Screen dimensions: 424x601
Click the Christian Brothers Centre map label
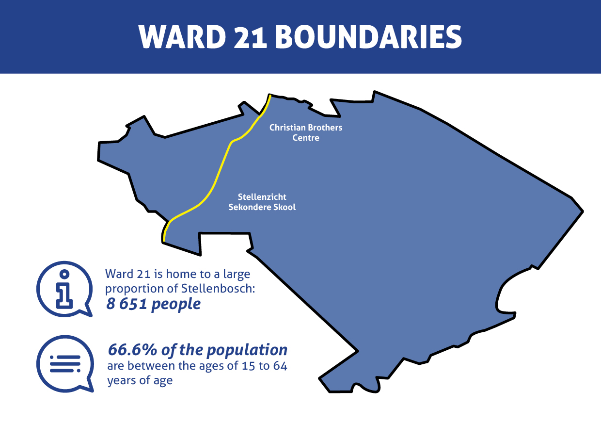pos(306,132)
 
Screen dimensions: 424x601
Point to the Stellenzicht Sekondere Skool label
pos(262,202)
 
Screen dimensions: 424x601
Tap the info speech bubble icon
pos(64,290)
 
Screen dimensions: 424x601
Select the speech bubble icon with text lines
pos(64,363)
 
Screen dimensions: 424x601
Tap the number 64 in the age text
pos(280,366)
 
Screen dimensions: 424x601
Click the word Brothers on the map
pos(325,128)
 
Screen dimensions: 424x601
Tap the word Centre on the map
pos(306,138)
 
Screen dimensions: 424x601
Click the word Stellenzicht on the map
pos(262,197)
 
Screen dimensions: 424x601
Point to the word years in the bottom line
pos(122,380)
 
